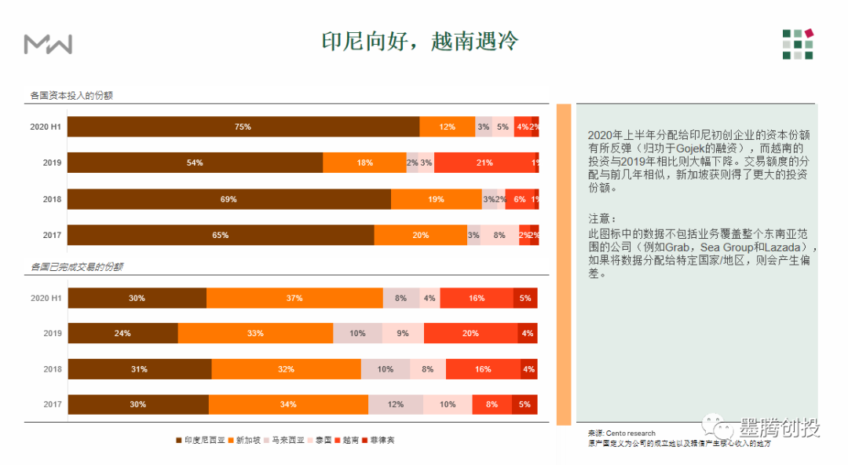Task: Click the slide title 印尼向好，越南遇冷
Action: [420, 42]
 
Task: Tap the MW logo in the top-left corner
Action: [48, 44]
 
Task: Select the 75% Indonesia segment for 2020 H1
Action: [243, 126]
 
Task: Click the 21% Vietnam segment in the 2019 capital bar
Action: [484, 163]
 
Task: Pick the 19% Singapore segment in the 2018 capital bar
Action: [436, 200]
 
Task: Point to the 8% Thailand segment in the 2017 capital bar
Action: [499, 235]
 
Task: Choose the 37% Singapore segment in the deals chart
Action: [294, 298]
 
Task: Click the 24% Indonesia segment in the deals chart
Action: [122, 333]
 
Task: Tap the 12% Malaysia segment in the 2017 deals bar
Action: [395, 405]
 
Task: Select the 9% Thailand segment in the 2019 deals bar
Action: [402, 333]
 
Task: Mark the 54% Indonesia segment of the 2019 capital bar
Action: [195, 163]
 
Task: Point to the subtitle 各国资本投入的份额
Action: [71, 95]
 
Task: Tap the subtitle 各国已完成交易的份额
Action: [76, 267]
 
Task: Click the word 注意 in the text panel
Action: [600, 218]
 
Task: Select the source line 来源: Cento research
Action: [621, 434]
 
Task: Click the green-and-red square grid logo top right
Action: [797, 44]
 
